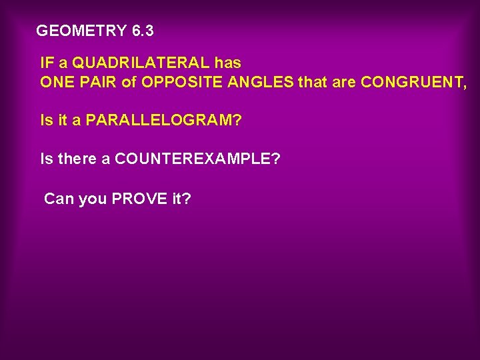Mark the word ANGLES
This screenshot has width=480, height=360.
tap(261, 82)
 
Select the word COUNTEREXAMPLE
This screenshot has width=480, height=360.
tap(193, 159)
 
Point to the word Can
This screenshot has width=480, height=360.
tap(58, 198)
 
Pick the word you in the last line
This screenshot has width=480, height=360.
tap(92, 198)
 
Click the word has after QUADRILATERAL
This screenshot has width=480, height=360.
tap(228, 63)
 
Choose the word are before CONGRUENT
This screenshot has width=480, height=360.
tap(343, 82)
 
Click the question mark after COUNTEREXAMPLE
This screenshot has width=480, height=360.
tap(276, 159)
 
